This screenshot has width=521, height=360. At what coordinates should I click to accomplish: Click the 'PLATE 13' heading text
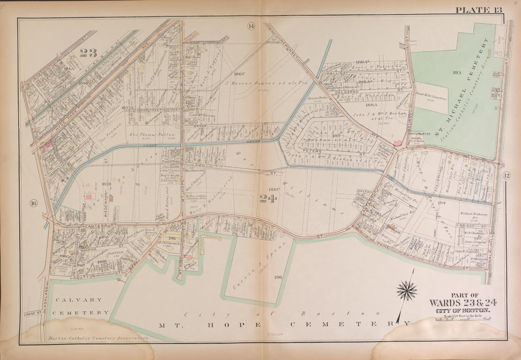pyautogui.click(x=478, y=9)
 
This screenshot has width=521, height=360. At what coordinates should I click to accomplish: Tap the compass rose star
pyautogui.click(x=407, y=290)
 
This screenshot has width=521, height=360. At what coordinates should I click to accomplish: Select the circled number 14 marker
pyautogui.click(x=251, y=26)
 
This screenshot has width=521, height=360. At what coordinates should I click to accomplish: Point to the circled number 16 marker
pyautogui.click(x=33, y=203)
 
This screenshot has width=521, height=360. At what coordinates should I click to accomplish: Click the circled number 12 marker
pyautogui.click(x=506, y=176)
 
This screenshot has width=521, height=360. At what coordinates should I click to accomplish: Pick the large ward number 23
pyautogui.click(x=88, y=53)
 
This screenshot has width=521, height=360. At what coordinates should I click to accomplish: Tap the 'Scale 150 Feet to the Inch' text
pyautogui.click(x=460, y=316)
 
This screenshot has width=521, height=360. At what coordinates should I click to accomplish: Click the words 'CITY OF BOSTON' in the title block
pyautogui.click(x=460, y=310)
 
